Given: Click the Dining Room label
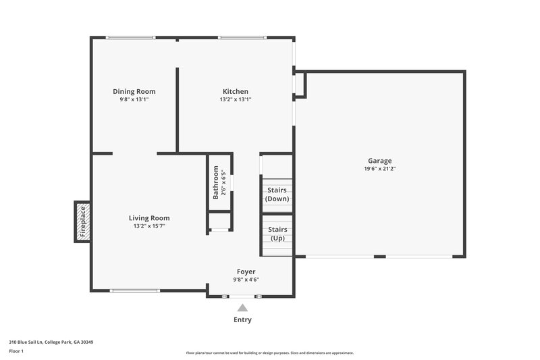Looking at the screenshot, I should (134, 91).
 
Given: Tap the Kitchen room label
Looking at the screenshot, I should (236, 91).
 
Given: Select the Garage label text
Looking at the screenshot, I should (380, 161).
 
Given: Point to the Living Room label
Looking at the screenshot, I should (149, 217).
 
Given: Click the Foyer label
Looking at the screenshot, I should (246, 272).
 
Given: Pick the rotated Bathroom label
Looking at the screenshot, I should (216, 182).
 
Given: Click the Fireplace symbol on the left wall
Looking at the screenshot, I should (82, 222).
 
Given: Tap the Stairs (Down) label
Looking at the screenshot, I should (277, 195).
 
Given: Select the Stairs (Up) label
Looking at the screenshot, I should (277, 234).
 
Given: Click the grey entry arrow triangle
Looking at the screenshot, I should (242, 308).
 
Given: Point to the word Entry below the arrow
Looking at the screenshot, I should (242, 320).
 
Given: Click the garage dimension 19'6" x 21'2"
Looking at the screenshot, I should (380, 169).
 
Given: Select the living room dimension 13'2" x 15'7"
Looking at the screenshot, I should (149, 226).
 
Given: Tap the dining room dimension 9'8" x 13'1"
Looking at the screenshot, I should (134, 99).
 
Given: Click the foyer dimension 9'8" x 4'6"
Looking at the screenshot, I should (246, 280).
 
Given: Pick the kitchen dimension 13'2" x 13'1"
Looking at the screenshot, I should (236, 99).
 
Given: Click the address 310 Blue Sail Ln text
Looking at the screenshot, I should (51, 342).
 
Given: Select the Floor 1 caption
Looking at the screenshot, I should (16, 351).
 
